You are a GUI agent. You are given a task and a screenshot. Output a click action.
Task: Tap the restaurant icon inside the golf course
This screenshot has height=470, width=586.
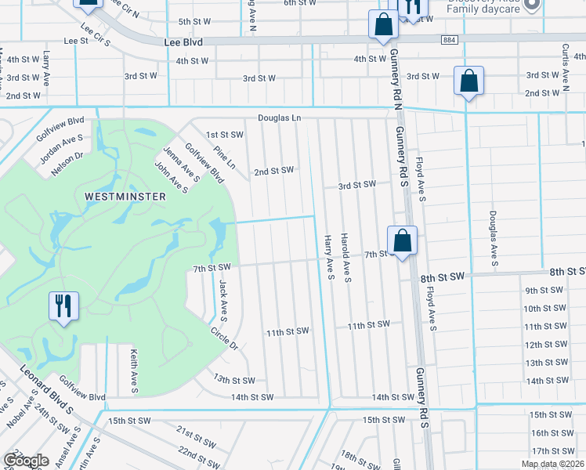(x=64, y=306)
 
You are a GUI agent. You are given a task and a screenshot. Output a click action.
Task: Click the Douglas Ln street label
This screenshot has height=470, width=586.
(x=280, y=118)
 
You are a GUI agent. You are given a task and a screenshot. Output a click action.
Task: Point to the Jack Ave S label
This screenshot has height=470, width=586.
(x=222, y=301)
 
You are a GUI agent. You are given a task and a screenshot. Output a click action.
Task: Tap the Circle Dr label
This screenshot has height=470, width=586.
(x=224, y=338)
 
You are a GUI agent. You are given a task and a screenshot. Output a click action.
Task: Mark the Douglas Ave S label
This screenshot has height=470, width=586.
(x=494, y=234)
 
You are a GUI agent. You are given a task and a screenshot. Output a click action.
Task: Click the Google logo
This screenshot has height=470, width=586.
(x=26, y=460)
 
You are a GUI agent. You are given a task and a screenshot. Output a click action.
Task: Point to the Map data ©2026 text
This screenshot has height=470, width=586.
(x=552, y=464)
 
